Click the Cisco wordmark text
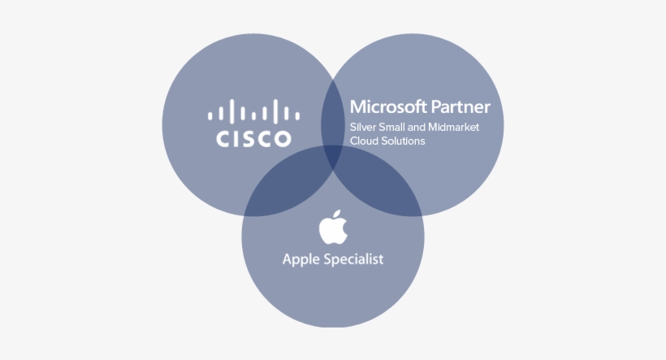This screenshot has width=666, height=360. point(253,139)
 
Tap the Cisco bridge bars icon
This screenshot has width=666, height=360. point(253,111)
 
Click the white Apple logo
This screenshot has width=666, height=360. point(334,227)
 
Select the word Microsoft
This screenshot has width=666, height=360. point(388,106)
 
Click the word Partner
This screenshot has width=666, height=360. point(461,106)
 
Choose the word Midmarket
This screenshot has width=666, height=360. point(454,127)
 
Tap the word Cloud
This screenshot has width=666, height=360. point(362,141)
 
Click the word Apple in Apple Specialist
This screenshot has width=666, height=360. point(298,260)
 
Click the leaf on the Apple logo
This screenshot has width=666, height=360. point(337,215)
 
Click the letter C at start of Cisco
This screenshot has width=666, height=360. point(223,139)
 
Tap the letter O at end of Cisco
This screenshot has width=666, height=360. point(282,139)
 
